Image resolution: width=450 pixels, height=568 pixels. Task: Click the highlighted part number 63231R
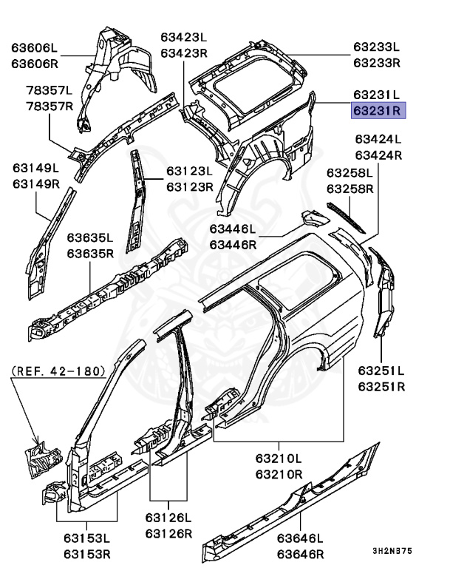pos(376,112)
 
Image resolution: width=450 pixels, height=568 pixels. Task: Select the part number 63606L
pos(35,48)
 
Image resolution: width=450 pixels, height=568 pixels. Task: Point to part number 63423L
pos(184,37)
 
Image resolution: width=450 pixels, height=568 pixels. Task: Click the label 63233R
pos(376,63)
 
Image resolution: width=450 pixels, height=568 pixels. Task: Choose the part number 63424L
pos(377,139)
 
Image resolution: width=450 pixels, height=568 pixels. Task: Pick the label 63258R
pos(351,189)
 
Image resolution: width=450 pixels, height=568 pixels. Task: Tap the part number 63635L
pos(90,238)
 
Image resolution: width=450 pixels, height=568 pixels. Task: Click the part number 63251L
pos(381,371)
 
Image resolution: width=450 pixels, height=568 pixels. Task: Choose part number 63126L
pos(168,518)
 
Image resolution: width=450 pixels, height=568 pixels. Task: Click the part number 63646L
pos(300,538)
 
